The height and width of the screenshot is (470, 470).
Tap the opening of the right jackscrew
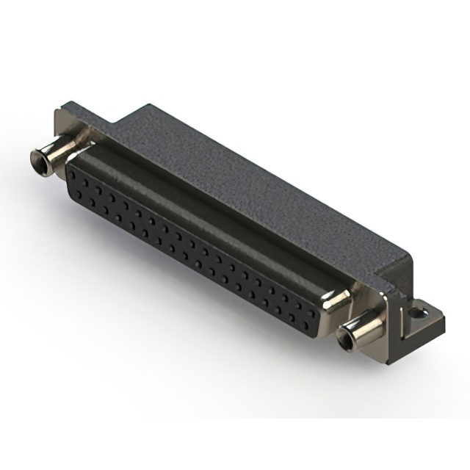pos(344,340)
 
